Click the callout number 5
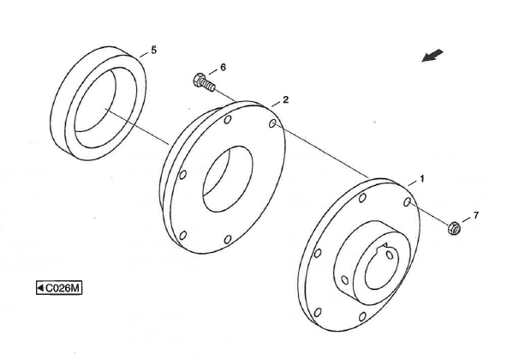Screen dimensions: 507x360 click(x=153, y=51)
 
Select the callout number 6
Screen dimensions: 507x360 click(x=223, y=68)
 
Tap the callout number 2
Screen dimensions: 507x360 click(x=285, y=100)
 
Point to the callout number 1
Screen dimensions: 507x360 click(x=421, y=178)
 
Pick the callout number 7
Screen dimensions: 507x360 click(x=475, y=215)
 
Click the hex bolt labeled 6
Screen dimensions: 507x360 click(x=204, y=82)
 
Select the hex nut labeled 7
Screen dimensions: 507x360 click(x=454, y=228)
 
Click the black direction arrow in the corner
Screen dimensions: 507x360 click(x=432, y=56)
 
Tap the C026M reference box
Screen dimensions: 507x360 click(x=59, y=288)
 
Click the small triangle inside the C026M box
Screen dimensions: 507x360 click(x=41, y=287)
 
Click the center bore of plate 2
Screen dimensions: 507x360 click(x=228, y=179)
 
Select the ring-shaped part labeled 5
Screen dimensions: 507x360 click(x=98, y=103)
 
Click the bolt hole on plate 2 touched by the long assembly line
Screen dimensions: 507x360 click(x=272, y=123)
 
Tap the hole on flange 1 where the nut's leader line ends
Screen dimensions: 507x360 click(x=407, y=202)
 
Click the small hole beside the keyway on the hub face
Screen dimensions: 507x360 click(x=390, y=255)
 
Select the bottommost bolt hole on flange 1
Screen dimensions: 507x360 click(x=362, y=316)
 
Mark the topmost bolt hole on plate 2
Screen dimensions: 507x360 click(x=228, y=119)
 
